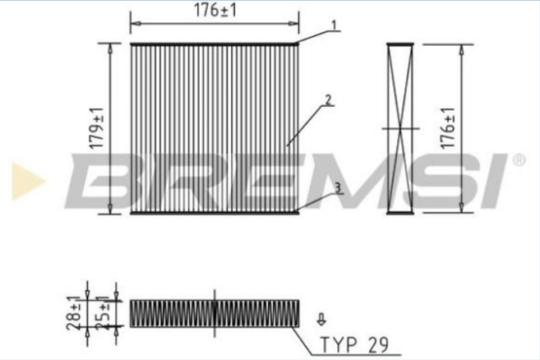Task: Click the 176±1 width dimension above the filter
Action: click(216, 10)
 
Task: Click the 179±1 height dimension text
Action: click(97, 129)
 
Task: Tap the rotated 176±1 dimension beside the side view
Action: click(448, 128)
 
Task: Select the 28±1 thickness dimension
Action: click(74, 313)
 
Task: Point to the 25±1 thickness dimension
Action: click(103, 313)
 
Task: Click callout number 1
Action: click(334, 25)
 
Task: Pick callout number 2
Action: click(328, 100)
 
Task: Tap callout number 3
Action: click(337, 188)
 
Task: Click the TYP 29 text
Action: click(355, 345)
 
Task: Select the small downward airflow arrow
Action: click(321, 319)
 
